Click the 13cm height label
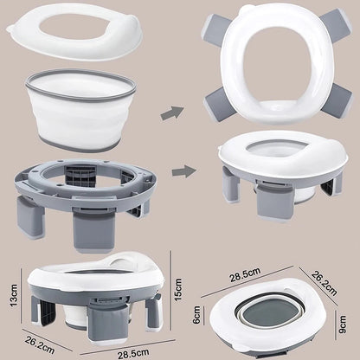[x=14, y=295]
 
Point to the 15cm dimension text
[x=178, y=289]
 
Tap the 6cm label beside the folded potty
[x=196, y=315]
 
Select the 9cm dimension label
[x=342, y=325]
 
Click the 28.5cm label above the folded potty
[x=245, y=274]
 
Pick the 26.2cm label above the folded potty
[x=324, y=283]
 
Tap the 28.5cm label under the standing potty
[x=133, y=354]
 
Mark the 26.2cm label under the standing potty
[x=40, y=344]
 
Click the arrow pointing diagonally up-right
[x=172, y=113]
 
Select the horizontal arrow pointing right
[x=184, y=171]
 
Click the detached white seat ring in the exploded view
[x=74, y=32]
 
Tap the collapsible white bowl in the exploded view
[x=80, y=110]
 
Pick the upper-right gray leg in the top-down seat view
[x=335, y=23]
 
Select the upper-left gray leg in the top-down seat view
[x=215, y=29]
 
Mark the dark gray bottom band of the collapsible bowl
[x=80, y=144]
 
